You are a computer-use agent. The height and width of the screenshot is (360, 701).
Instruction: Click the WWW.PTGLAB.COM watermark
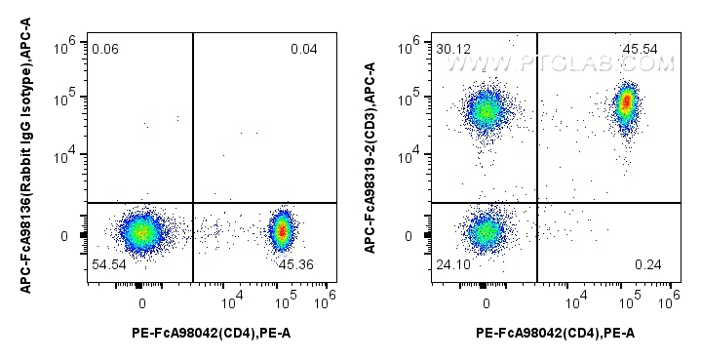(x=561, y=64)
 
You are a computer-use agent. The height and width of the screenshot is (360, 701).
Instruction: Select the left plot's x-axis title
(x=211, y=333)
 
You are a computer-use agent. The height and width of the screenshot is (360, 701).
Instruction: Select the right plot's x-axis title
(x=555, y=333)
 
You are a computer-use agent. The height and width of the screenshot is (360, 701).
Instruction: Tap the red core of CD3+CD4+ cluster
(x=627, y=100)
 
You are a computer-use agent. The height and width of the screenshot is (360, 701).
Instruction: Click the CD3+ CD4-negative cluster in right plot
(x=485, y=110)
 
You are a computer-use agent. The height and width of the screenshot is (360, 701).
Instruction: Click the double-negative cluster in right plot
(x=485, y=232)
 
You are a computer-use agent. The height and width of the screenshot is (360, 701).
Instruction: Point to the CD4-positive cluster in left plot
(x=283, y=231)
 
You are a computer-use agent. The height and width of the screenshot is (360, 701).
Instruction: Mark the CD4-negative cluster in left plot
(x=141, y=232)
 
